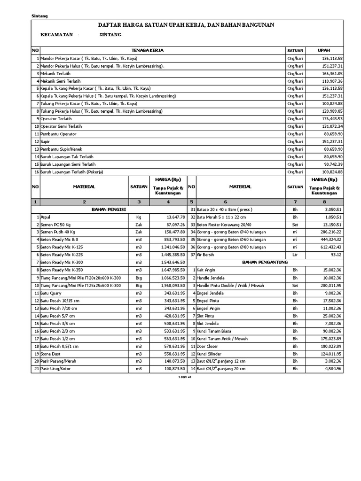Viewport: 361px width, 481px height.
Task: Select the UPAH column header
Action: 324,50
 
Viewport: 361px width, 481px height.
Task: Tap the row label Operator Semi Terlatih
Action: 61,126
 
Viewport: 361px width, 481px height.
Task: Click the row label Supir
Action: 45,141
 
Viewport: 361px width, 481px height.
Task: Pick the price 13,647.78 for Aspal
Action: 172,217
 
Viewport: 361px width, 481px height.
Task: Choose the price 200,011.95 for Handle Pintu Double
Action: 330,285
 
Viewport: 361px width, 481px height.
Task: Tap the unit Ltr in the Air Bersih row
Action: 295,255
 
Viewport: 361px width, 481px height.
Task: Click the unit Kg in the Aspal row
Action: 138,217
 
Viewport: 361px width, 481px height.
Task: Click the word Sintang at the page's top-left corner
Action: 39,16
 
